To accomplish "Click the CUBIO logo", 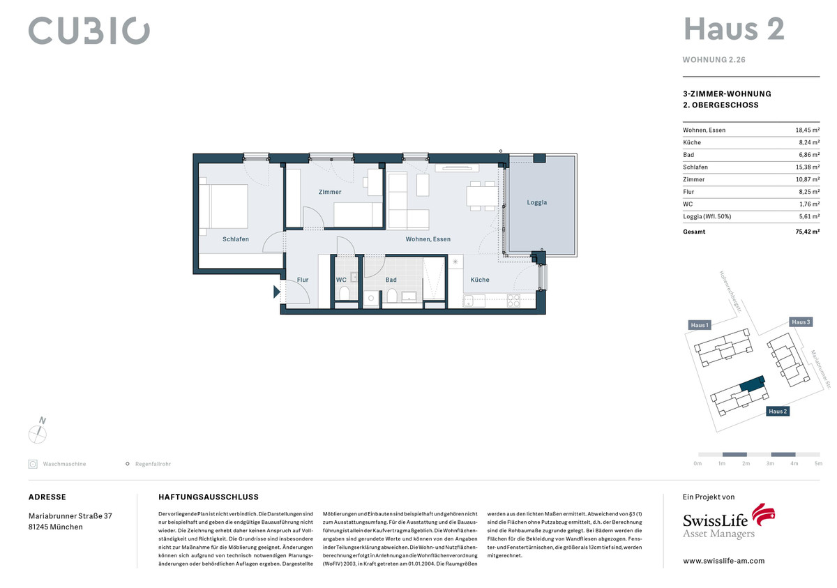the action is (89, 30).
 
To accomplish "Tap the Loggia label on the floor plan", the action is (536, 202).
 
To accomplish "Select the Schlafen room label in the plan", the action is (236, 239).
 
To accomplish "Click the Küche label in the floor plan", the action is (480, 280).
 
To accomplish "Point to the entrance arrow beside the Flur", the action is (276, 292).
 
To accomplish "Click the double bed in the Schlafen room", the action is (223, 206).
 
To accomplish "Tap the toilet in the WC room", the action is (344, 293).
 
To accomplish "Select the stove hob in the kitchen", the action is (513, 301).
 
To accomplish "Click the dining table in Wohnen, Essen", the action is (482, 196).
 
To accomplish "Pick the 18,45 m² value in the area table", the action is (808, 130).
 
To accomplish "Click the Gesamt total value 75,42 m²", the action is (808, 232).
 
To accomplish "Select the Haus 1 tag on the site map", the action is (700, 325).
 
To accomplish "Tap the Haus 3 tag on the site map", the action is (801, 322).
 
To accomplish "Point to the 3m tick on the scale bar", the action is (770, 463).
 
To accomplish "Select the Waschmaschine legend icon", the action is (33, 464).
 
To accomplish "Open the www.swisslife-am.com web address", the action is (724, 561).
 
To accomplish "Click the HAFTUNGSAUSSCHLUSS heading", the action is (209, 497).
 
